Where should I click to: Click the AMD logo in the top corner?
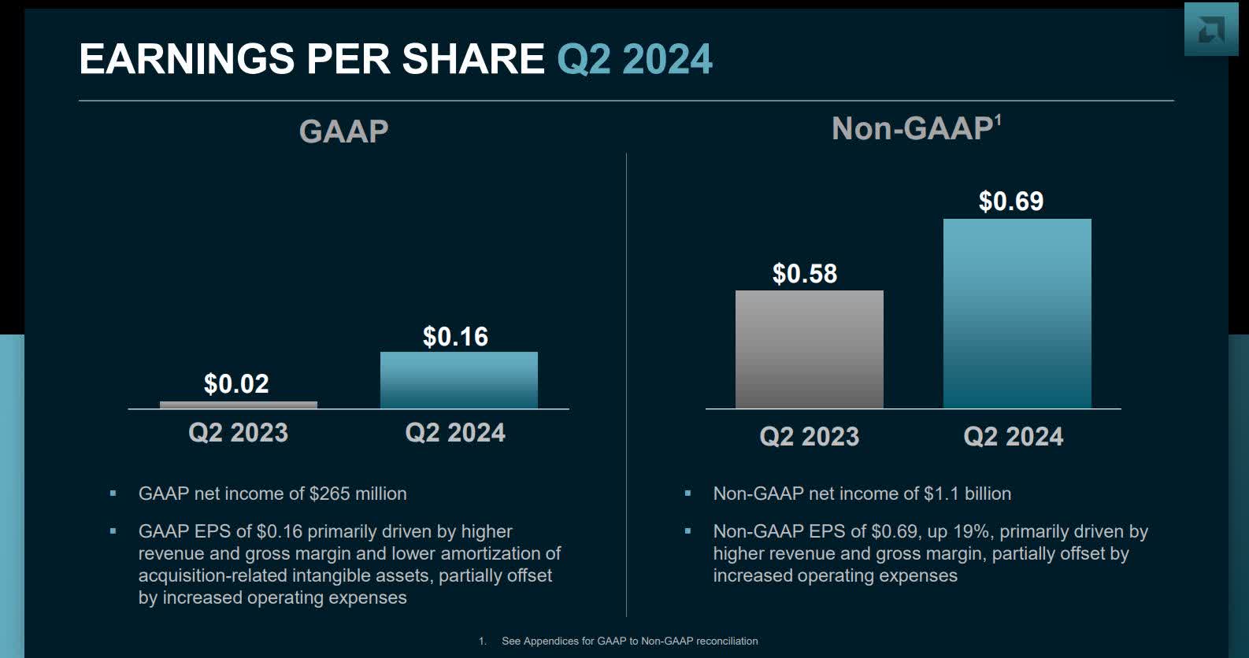[1210, 29]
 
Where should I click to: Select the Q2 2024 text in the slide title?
[634, 59]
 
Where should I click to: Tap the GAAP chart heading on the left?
[343, 131]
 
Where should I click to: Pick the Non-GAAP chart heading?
[911, 129]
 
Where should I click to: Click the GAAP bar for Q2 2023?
[239, 405]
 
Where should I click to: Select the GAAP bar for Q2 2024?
[458, 380]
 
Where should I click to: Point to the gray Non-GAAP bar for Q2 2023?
[809, 349]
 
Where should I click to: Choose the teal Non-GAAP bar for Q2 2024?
[1017, 313]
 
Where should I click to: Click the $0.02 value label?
[236, 384]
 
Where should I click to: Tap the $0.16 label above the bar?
[455, 337]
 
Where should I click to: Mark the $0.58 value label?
[804, 274]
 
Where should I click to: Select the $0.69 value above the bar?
[1010, 201]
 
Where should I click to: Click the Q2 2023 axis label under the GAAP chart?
[238, 433]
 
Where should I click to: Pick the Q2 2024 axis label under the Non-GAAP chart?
[1013, 437]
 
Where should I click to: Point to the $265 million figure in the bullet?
[358, 494]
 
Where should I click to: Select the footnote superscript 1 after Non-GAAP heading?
[998, 120]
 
